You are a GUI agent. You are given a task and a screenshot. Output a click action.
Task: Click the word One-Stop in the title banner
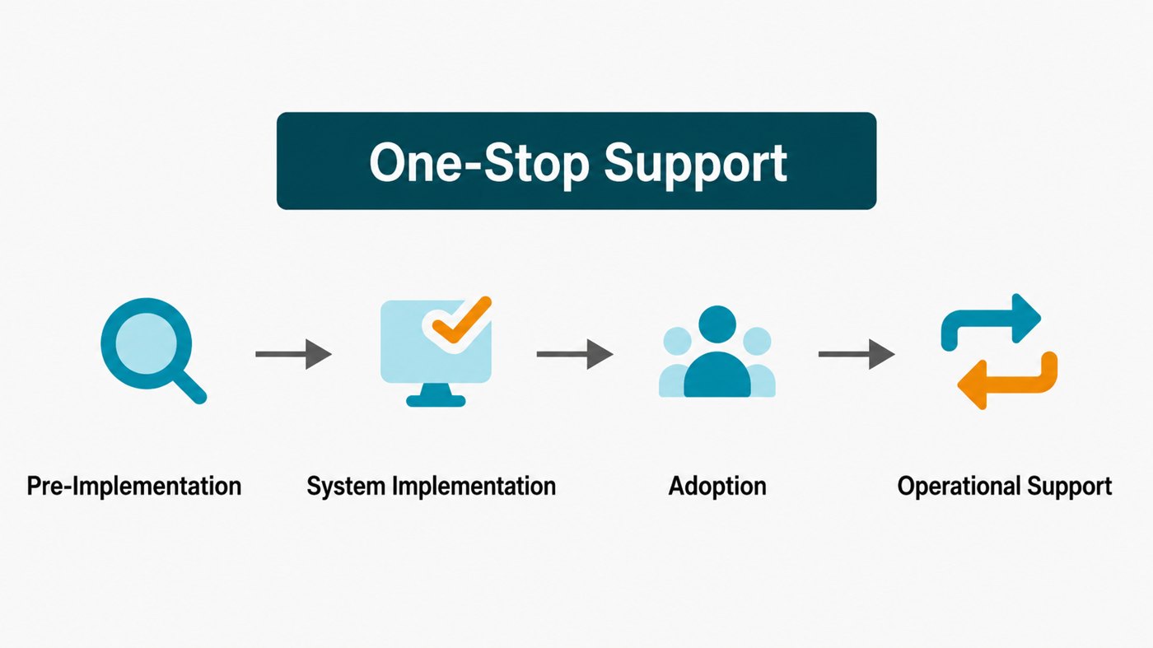pyautogui.click(x=479, y=163)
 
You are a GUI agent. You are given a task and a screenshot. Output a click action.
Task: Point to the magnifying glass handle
pyautogui.click(x=190, y=388)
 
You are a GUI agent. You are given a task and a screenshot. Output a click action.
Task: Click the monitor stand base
pyautogui.click(x=436, y=400)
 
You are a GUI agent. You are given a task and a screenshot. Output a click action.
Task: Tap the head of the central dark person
pyautogui.click(x=717, y=324)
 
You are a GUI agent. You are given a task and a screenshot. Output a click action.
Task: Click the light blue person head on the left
pyautogui.click(x=677, y=341)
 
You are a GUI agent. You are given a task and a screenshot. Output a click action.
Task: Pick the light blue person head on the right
pyautogui.click(x=757, y=341)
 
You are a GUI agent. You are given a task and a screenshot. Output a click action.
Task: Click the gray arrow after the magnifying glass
pyautogui.click(x=293, y=354)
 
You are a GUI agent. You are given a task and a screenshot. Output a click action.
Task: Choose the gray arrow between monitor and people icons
pyautogui.click(x=575, y=354)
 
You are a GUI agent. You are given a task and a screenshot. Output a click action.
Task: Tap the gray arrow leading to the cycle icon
pyautogui.click(x=857, y=354)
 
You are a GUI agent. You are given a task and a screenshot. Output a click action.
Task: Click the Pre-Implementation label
pyautogui.click(x=133, y=487)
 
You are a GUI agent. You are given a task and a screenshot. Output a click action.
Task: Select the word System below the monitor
pyautogui.click(x=346, y=487)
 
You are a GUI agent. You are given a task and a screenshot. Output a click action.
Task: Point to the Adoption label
pyautogui.click(x=717, y=487)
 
